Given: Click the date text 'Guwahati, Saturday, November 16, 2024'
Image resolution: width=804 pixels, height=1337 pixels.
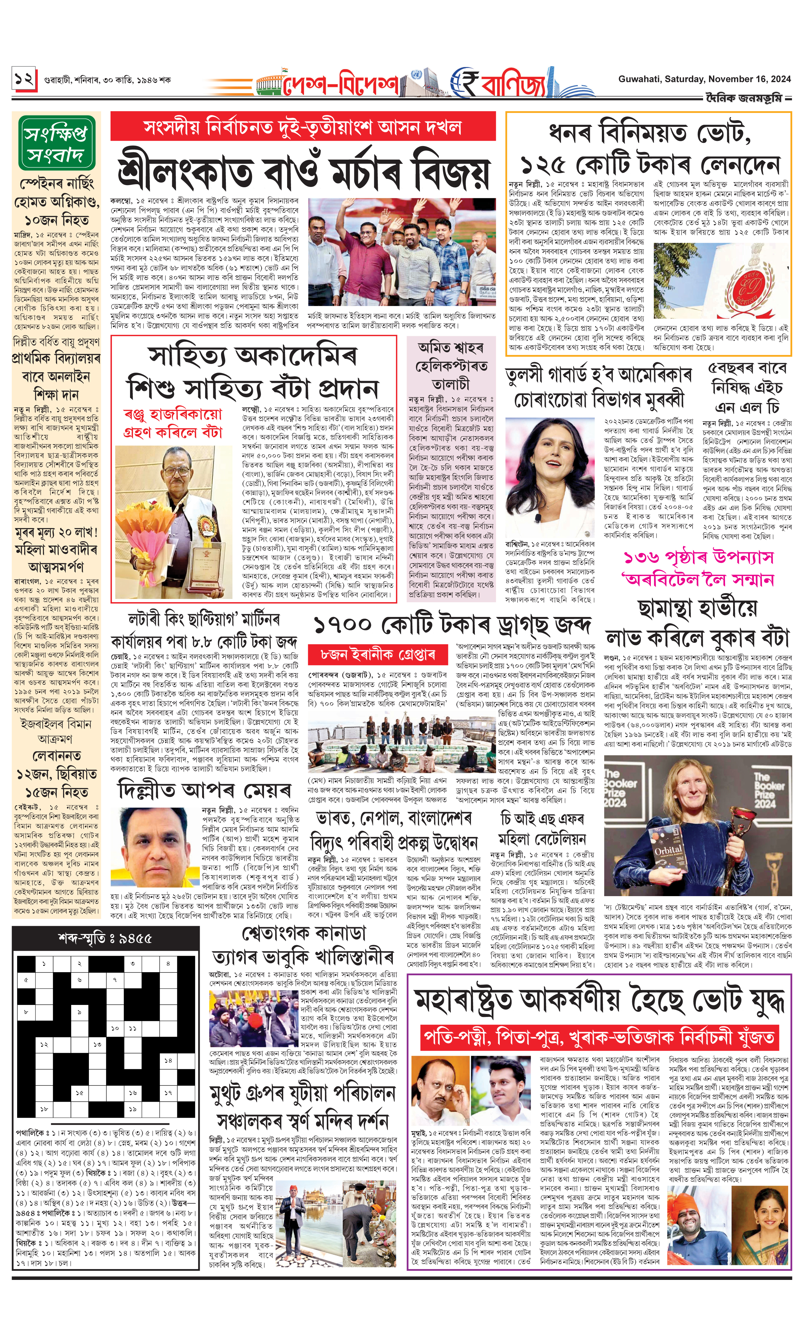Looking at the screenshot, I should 704,79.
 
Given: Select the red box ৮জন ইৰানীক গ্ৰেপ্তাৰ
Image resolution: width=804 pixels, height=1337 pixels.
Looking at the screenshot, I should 378,654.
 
